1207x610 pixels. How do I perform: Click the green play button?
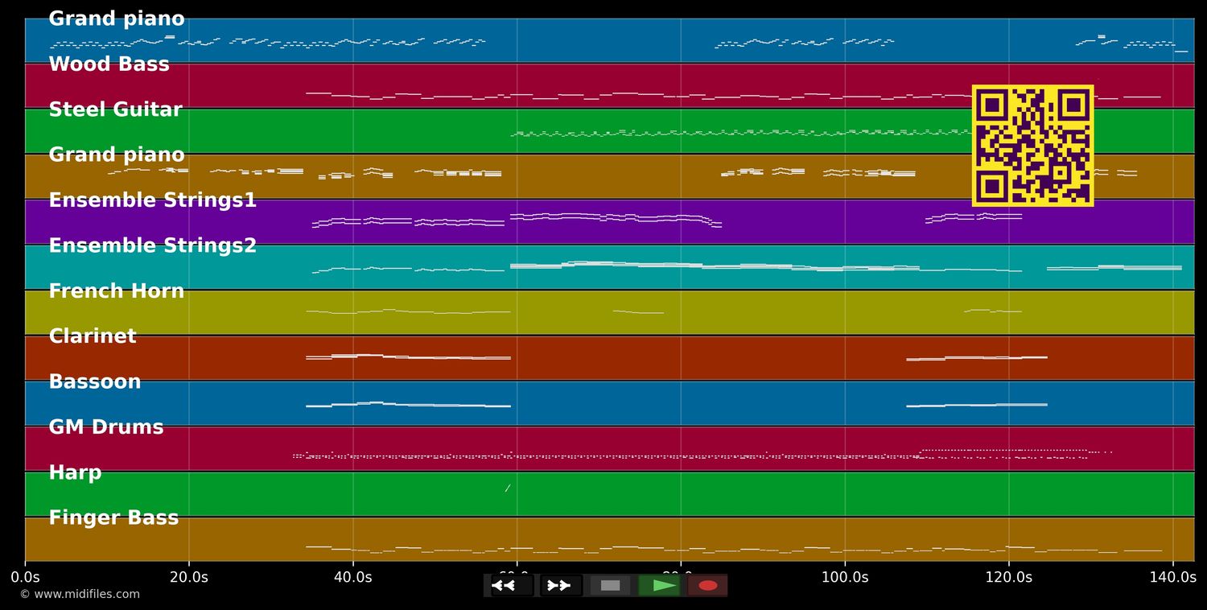click(x=660, y=585)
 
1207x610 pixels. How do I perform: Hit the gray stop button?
click(x=611, y=585)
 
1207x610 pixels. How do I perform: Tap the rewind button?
click(x=512, y=585)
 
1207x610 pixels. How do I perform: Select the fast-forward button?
click(x=561, y=585)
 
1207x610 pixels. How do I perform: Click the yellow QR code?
click(x=1032, y=146)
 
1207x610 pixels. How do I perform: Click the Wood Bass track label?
click(x=109, y=64)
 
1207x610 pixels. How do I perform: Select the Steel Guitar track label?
click(x=116, y=109)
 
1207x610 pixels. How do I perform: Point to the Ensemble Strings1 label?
click(x=153, y=200)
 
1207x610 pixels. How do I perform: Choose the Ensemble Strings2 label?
click(x=153, y=245)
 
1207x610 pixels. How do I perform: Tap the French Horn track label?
click(x=117, y=291)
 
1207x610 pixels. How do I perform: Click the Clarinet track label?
click(x=93, y=336)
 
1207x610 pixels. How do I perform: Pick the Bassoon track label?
click(x=95, y=381)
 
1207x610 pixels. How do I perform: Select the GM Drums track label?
click(x=106, y=427)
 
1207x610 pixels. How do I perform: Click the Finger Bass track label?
click(x=113, y=518)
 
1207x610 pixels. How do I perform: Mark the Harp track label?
click(x=76, y=472)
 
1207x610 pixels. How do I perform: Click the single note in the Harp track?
click(x=508, y=488)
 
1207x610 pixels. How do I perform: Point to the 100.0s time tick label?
click(x=845, y=577)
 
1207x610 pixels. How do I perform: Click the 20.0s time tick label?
click(x=189, y=577)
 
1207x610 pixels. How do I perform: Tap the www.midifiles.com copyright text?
click(x=80, y=595)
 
